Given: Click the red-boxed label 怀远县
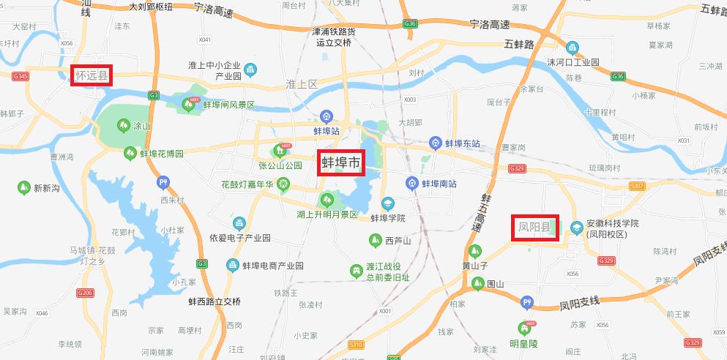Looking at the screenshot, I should pos(92,75).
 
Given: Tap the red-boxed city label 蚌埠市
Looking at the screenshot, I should pos(341,162).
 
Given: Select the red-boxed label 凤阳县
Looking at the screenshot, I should pos(534,228).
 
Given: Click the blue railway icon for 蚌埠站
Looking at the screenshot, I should pos(327,116).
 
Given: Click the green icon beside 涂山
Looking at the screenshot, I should pos(122,126).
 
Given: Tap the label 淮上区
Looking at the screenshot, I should pos(302,85).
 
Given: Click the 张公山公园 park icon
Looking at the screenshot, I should pos(279,151).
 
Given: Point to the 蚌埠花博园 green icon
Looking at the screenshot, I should pos(130,153).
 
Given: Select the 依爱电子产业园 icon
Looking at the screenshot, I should pos(239,223).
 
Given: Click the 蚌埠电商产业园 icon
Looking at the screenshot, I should pos(232,265).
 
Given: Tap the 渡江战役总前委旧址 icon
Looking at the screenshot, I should pos(357,271).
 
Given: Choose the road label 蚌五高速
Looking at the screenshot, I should pos(481,213).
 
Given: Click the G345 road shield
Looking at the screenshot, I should pos(20,76).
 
